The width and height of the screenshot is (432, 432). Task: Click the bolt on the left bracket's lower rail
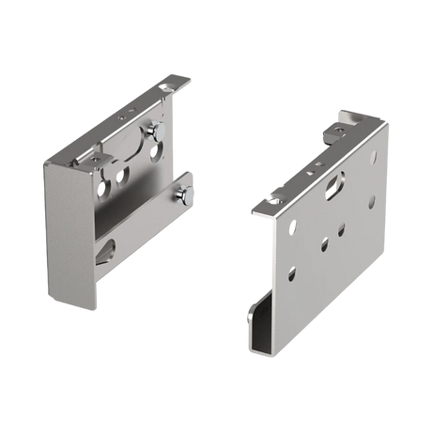click(x=188, y=194)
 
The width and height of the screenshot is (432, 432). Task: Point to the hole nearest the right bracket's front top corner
click(x=293, y=225)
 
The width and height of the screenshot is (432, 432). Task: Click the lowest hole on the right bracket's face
click(x=291, y=273)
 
